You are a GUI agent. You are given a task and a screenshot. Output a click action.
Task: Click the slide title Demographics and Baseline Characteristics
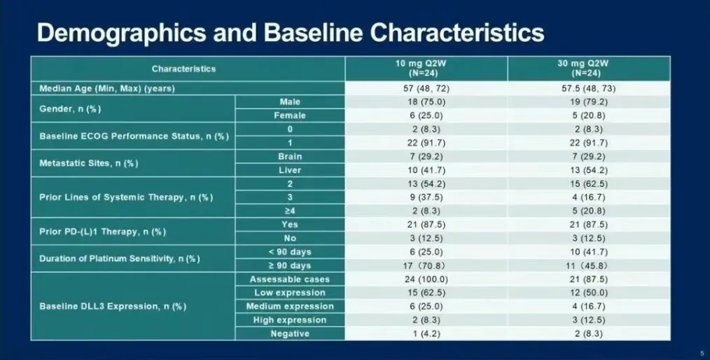tap(290, 33)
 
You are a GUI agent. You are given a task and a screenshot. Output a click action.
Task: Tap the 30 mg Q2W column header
tap(588, 67)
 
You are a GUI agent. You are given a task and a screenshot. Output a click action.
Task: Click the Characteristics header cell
tap(183, 69)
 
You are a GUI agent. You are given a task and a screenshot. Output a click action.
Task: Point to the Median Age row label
tap(107, 88)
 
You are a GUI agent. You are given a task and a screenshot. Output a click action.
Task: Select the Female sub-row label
tap(289, 116)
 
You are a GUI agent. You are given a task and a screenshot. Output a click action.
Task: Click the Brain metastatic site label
tap(289, 157)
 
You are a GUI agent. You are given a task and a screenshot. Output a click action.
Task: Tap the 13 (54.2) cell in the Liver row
tap(588, 170)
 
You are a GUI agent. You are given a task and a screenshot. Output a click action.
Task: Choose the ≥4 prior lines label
tap(289, 211)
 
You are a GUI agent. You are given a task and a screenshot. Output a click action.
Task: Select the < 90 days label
tap(289, 251)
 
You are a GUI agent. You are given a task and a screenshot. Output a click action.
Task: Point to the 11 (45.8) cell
tap(588, 265)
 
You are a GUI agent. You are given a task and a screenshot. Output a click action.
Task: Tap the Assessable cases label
tap(289, 279)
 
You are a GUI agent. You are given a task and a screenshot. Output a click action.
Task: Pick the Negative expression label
tap(289, 333)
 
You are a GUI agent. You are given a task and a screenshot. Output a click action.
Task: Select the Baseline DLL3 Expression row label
tap(113, 306)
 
